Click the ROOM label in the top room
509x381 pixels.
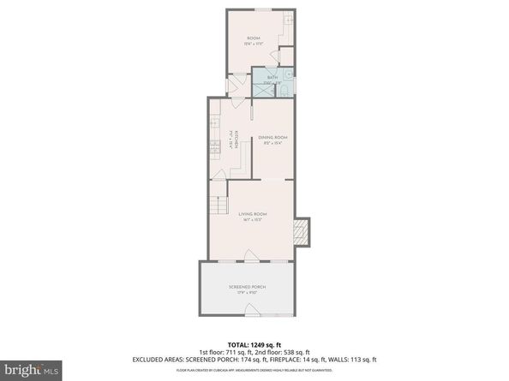(254, 38)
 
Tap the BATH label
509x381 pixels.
(272, 78)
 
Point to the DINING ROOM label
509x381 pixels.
(273, 137)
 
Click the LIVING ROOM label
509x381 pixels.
(254, 213)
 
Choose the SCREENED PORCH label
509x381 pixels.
(248, 286)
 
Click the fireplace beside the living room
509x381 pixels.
(300, 230)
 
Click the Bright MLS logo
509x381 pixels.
(32, 369)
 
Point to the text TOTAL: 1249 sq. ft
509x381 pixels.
(254, 340)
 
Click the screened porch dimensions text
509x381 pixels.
(248, 293)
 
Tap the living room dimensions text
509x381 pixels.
(254, 220)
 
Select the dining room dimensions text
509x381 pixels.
(273, 144)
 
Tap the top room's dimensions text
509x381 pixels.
(254, 44)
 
